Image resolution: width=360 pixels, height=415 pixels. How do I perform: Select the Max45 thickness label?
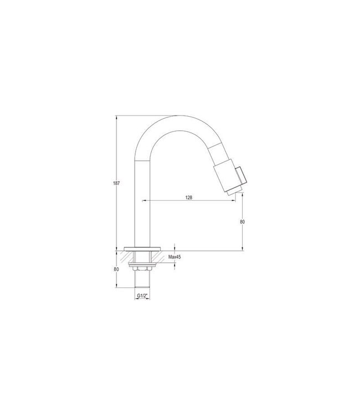point(176,257)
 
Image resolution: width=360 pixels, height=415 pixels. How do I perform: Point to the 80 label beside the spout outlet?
point(243,221)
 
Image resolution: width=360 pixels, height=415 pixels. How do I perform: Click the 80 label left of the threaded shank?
point(116,269)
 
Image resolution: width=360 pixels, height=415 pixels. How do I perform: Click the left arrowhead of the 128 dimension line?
point(146,200)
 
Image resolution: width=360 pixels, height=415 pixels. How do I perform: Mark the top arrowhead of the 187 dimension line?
point(116,117)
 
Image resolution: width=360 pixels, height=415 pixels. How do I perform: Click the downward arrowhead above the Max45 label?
point(175,248)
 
